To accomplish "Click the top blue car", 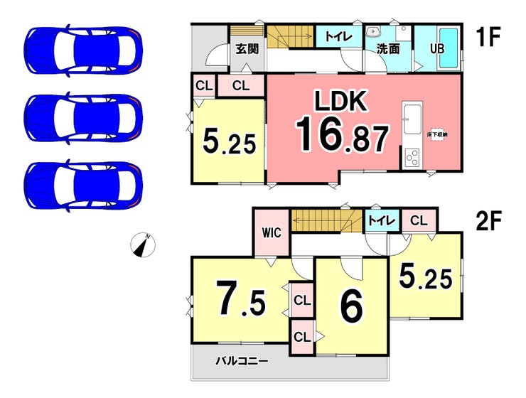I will pos(83,50).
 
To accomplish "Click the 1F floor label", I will pos(488,36).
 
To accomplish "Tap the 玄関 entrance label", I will pos(246,49).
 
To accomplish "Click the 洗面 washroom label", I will pos(387,50).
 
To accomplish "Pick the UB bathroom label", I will pos(436,50).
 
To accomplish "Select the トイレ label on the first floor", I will pos(336,36).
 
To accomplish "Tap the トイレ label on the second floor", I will pos(381,221).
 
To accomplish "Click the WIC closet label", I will pos(272,232).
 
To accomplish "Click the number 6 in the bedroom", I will pos(352,306).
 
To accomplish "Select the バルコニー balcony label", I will pos(242,361).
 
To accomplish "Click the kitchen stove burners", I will pos(412,158).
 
